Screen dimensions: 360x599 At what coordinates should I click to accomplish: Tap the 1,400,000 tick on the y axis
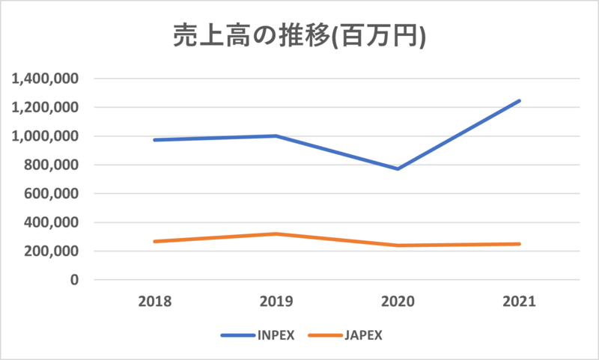pos(46,79)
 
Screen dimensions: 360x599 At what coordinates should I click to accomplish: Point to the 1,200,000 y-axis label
pos(46,107)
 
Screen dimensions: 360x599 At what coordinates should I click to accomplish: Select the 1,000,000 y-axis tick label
pos(46,136)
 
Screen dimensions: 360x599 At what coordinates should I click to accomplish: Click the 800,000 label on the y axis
pos(52,165)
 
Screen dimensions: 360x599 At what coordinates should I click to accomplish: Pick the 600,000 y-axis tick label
pos(52,194)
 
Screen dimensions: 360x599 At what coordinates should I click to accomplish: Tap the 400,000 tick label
pos(52,222)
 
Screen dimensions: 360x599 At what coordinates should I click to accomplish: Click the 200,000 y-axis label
pos(52,251)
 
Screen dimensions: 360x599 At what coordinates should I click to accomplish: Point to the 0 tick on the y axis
pos(74,280)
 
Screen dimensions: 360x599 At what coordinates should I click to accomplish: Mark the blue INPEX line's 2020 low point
pos(398,168)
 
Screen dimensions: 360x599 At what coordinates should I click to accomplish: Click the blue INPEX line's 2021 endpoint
pos(519,100)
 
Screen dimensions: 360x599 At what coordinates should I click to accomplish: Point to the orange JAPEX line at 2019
pos(276,234)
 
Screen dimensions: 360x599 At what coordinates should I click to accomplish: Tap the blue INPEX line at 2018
pos(154,140)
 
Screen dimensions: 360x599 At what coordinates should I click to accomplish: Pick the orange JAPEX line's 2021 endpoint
pos(519,244)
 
